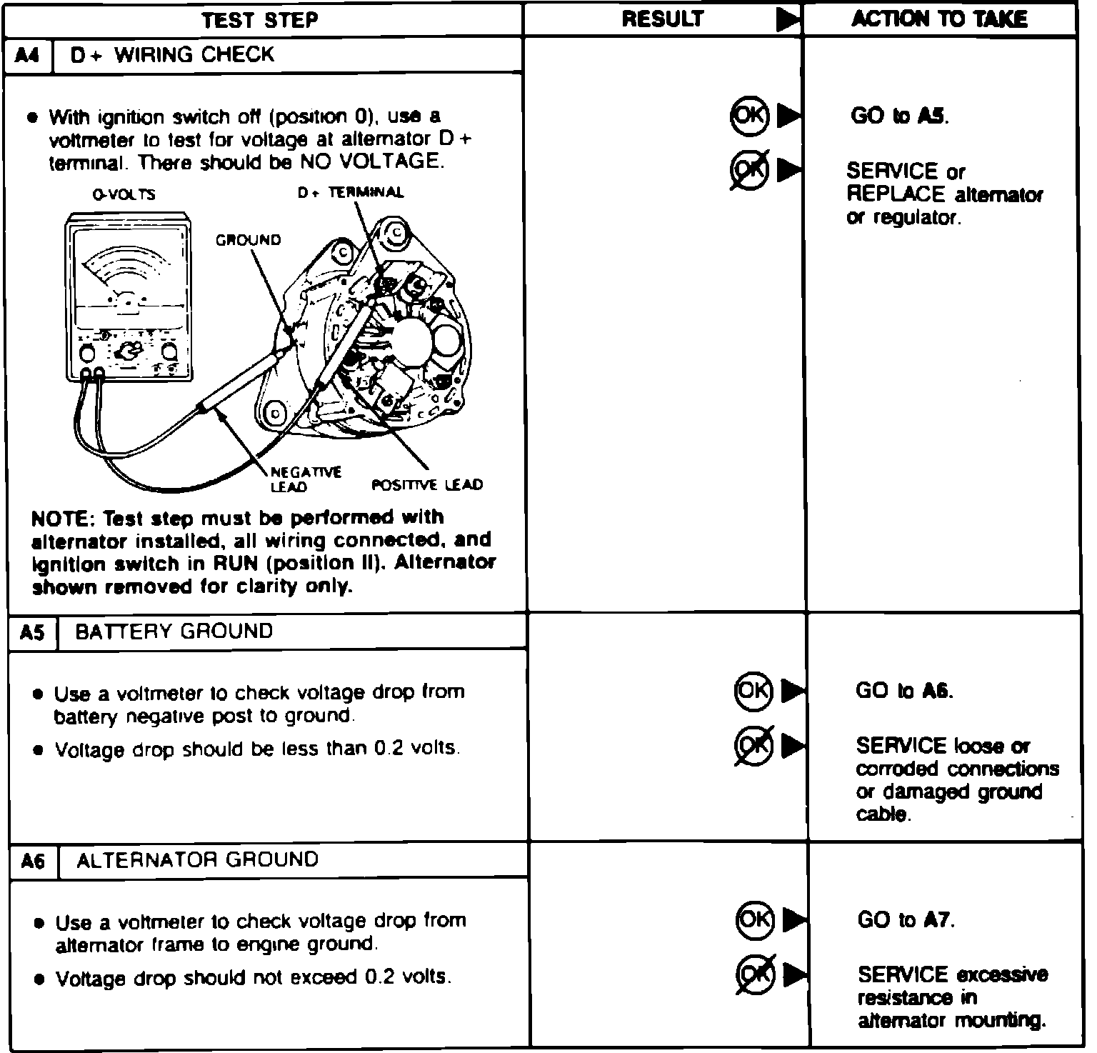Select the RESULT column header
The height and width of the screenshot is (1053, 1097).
click(x=662, y=19)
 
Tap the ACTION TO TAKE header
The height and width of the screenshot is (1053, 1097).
click(x=939, y=19)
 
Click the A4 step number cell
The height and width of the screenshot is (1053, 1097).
click(x=27, y=55)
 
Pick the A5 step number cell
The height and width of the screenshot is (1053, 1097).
click(x=32, y=632)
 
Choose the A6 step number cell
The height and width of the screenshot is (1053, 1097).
click(x=34, y=861)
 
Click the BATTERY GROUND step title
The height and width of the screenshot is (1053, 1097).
click(x=174, y=632)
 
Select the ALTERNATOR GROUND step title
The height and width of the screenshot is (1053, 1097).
click(x=197, y=859)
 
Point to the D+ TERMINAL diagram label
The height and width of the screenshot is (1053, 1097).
click(x=350, y=192)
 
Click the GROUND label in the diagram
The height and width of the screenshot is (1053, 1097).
click(x=249, y=240)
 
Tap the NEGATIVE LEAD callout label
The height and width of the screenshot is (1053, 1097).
click(x=296, y=479)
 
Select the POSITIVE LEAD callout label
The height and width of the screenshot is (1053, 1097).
click(x=427, y=485)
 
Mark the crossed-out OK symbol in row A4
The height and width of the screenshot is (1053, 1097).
click(x=749, y=169)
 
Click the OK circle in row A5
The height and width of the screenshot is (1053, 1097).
click(x=753, y=690)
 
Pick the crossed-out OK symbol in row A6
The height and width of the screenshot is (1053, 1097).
click(x=755, y=974)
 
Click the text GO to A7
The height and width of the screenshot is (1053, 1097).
click(x=906, y=919)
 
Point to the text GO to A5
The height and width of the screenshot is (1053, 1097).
click(x=899, y=116)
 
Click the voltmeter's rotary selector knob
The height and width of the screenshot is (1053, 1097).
click(x=129, y=351)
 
